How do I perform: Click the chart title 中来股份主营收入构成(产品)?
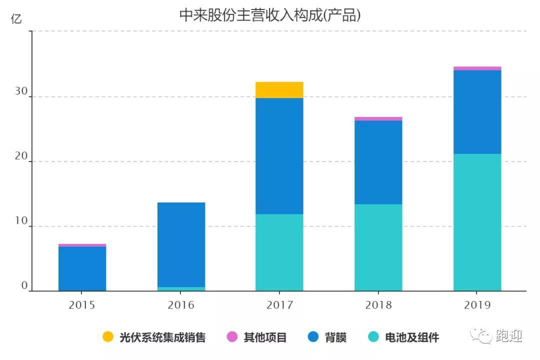[270, 15]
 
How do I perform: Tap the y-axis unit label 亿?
[16, 19]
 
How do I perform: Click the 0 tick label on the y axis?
[23, 286]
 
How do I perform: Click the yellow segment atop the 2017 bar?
[279, 89]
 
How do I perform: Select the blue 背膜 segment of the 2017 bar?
[279, 156]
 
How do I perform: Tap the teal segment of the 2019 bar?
[477, 222]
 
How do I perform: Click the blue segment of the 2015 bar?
[82, 268]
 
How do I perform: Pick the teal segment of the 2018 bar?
[378, 247]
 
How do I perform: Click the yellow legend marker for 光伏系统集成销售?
[108, 337]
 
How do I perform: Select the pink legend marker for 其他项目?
[232, 337]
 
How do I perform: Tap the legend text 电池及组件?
[411, 337]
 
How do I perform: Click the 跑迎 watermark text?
[509, 336]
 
